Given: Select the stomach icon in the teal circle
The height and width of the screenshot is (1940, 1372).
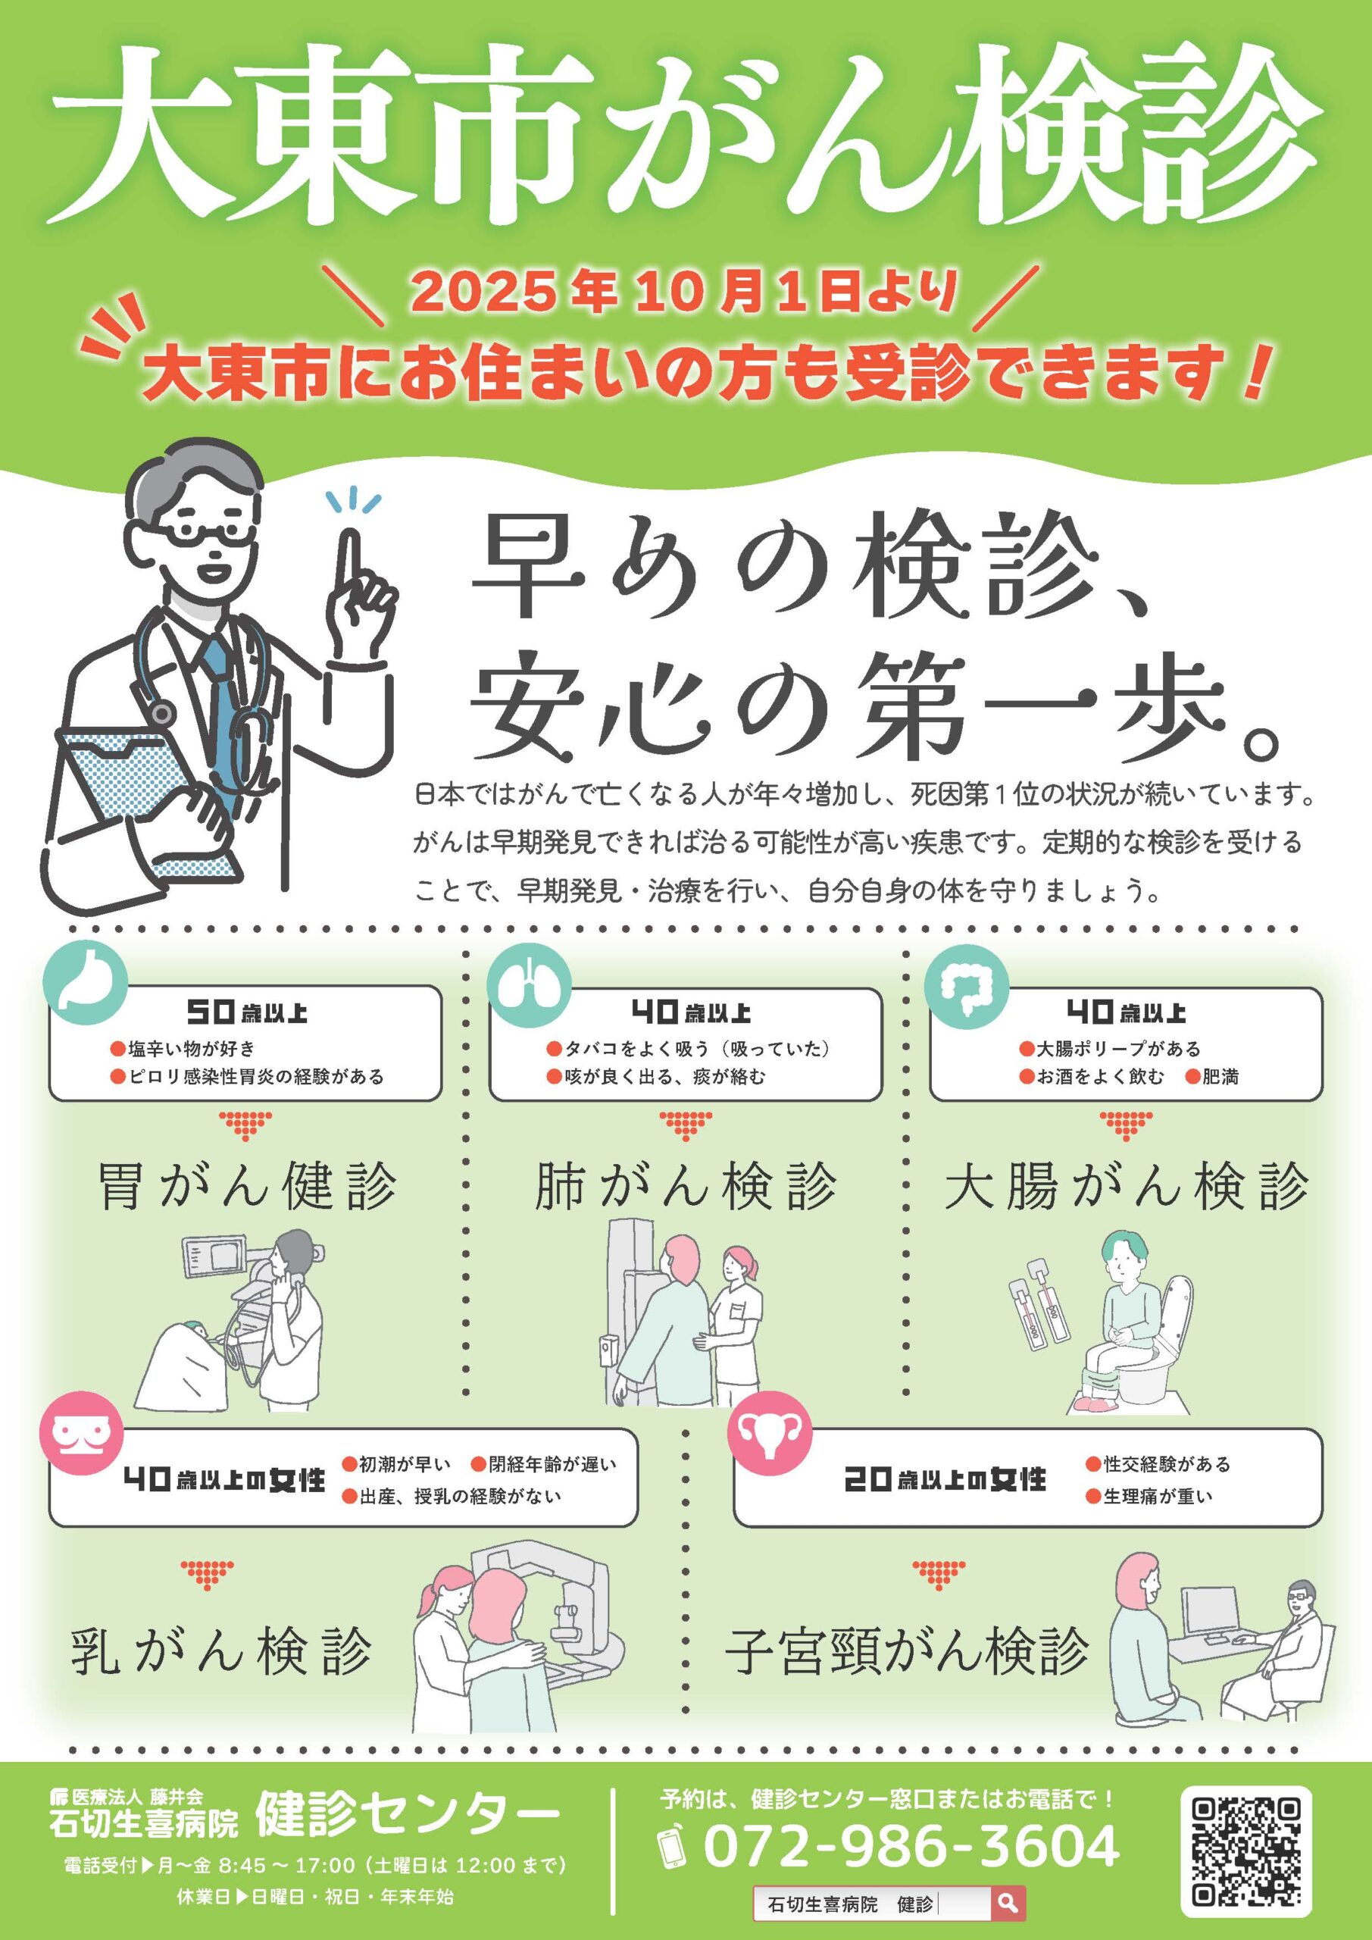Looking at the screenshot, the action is [86, 983].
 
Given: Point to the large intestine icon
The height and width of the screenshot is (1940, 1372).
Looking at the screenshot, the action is [967, 985].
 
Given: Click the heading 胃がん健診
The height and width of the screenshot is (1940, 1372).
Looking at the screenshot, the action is [247, 1186].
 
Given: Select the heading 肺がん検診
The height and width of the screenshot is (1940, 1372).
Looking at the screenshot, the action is [686, 1186].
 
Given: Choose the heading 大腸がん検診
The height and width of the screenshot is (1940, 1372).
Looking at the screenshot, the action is [1127, 1186].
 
